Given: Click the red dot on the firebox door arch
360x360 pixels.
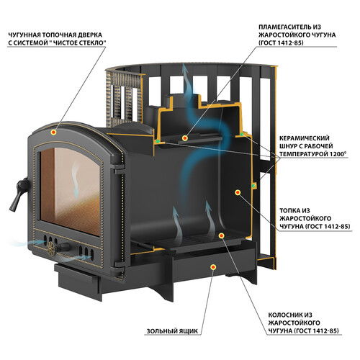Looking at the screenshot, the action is pyautogui.click(x=54, y=132).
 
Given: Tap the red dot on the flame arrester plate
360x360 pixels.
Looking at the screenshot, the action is pyautogui.click(x=184, y=138).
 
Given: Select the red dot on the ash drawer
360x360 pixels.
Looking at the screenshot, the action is pyautogui.click(x=213, y=267).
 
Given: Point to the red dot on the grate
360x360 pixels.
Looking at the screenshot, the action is pyautogui.click(x=221, y=235).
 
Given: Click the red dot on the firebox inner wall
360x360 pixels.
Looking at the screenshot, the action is pyautogui.click(x=238, y=192).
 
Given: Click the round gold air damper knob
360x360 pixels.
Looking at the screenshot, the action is pyautogui.click(x=51, y=248).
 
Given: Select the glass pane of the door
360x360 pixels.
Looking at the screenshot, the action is pyautogui.click(x=70, y=189).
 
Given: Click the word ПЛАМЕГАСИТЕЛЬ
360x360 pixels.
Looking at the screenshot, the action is pyautogui.click(x=286, y=27).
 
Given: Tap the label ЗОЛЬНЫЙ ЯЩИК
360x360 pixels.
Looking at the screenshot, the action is pyautogui.click(x=172, y=331).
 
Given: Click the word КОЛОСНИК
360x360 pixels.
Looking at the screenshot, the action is pyautogui.click(x=283, y=315).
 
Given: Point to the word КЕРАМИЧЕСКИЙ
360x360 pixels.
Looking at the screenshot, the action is pyautogui.click(x=305, y=138).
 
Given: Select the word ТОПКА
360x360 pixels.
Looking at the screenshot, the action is pyautogui.click(x=289, y=211).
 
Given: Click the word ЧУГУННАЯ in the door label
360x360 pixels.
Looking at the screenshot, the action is pyautogui.click(x=24, y=35).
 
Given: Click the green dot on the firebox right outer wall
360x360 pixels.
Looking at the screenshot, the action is pyautogui.click(x=253, y=186).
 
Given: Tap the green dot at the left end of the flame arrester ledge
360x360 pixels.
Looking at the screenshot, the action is pyautogui.click(x=158, y=142).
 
